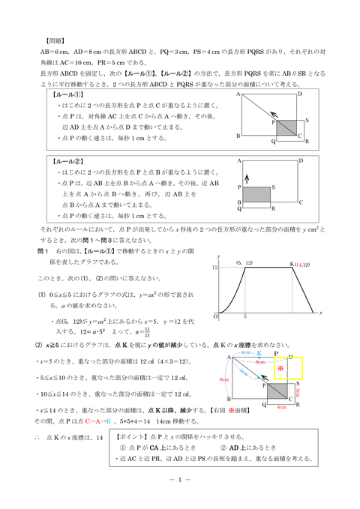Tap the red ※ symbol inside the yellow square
click(280, 370)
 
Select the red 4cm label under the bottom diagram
click(282, 408)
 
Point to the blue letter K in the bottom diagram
click(259, 352)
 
